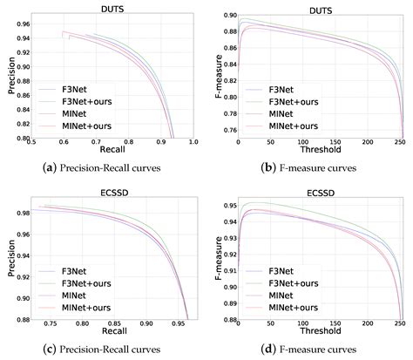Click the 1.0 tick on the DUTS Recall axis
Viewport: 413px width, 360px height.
[193, 141]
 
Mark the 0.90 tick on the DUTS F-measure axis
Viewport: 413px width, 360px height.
[227, 16]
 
